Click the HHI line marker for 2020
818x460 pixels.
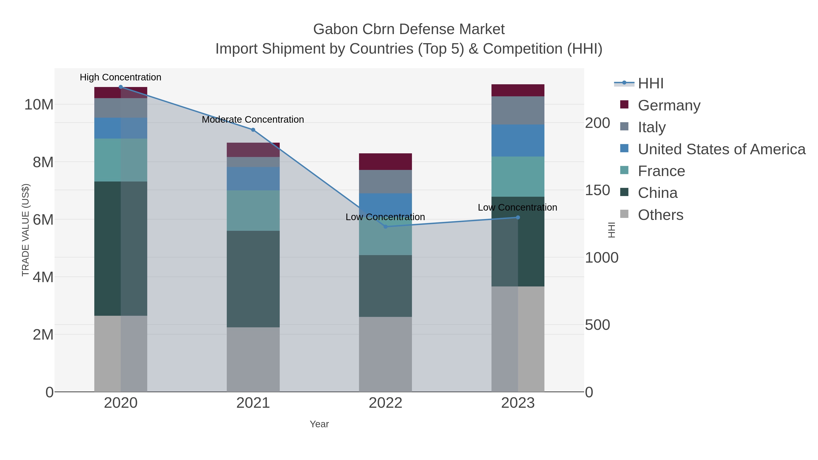[x=121, y=87]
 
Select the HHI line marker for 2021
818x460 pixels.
[x=253, y=130]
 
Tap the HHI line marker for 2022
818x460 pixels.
[x=386, y=227]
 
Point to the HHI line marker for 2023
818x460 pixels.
[x=518, y=217]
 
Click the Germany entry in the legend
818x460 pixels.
[x=669, y=105]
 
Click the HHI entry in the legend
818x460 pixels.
[x=650, y=84]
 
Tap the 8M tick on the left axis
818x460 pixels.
[x=43, y=162]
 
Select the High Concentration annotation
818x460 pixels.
[x=121, y=77]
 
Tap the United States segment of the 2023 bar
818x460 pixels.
[x=518, y=140]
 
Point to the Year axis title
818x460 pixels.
[x=319, y=424]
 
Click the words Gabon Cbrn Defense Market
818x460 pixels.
[x=409, y=29]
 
